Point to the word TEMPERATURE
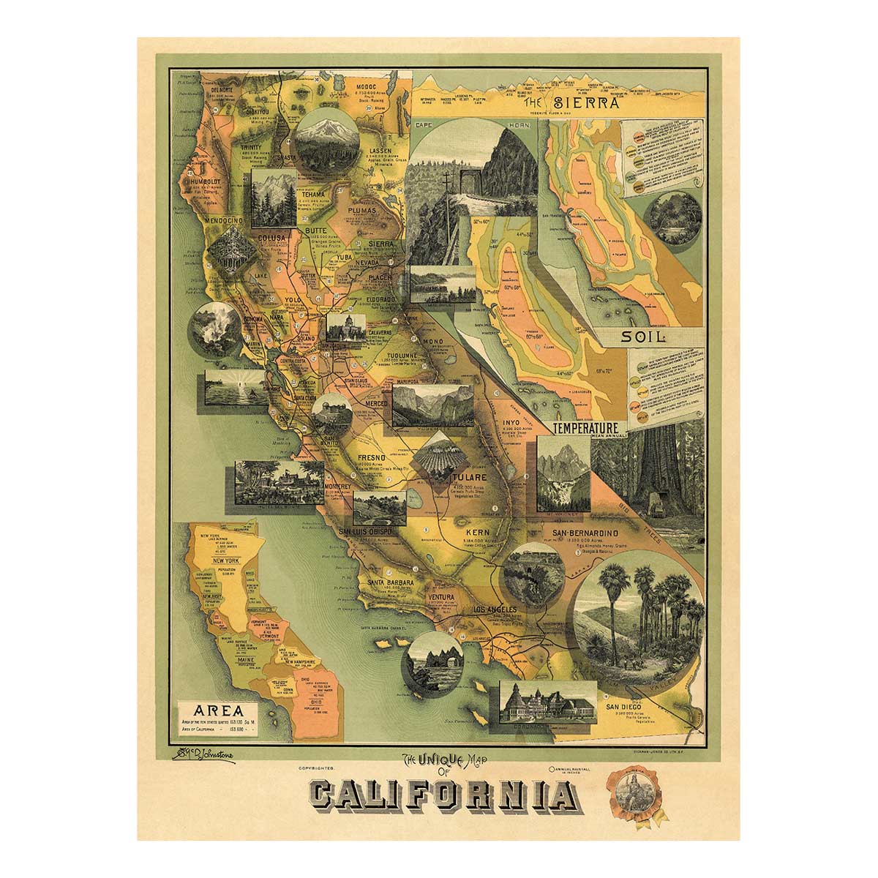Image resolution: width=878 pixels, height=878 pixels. [x=586, y=427]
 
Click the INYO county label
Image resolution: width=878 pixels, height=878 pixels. [x=510, y=422]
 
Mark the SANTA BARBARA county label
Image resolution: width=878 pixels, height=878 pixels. [x=391, y=582]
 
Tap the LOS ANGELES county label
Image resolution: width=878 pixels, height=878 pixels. [x=495, y=609]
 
